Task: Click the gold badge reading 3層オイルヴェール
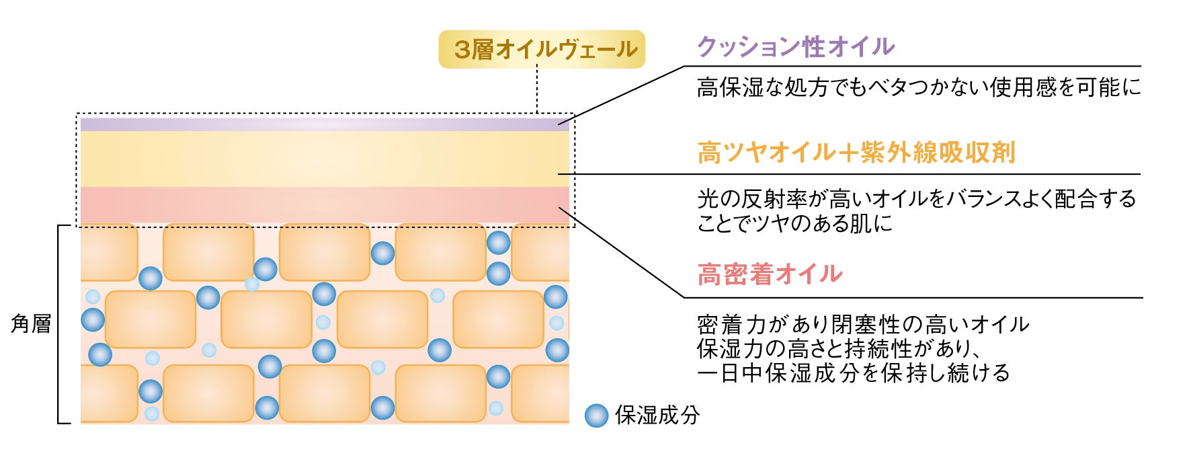tap(542, 49)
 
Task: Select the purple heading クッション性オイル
tap(796, 46)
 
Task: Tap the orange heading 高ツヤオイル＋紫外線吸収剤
tap(856, 153)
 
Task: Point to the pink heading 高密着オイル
tap(770, 274)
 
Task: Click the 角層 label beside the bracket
tap(31, 324)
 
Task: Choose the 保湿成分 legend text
tap(657, 416)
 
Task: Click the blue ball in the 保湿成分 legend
tap(596, 416)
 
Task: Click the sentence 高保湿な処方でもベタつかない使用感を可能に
tap(919, 87)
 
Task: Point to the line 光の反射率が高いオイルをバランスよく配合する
tap(916, 199)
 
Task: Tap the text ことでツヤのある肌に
tap(794, 223)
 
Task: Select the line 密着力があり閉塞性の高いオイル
tap(863, 325)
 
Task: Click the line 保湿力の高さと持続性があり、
tap(835, 349)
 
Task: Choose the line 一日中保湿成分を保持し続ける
tap(854, 373)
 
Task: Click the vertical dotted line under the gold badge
tap(537, 89)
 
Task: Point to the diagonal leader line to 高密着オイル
tap(622, 253)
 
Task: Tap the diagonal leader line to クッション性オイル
tap(622, 95)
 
